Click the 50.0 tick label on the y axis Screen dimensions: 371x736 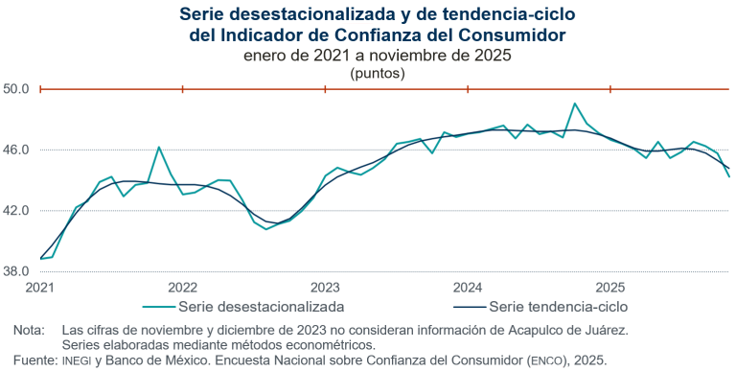tap(17, 89)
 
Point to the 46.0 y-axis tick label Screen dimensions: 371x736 tap(17, 151)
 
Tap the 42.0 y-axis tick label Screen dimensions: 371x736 tap(17, 211)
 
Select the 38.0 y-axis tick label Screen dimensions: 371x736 tap(17, 271)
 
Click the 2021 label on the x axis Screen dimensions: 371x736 tap(40, 288)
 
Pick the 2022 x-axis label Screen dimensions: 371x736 tap(183, 288)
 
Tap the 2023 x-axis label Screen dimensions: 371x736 tap(326, 288)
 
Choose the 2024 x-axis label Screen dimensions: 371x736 tap(468, 288)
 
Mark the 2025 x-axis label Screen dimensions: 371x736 tap(610, 288)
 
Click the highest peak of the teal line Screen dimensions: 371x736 tap(574, 104)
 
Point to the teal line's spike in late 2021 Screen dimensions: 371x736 tap(159, 148)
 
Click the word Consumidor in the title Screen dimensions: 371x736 tap(513, 35)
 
